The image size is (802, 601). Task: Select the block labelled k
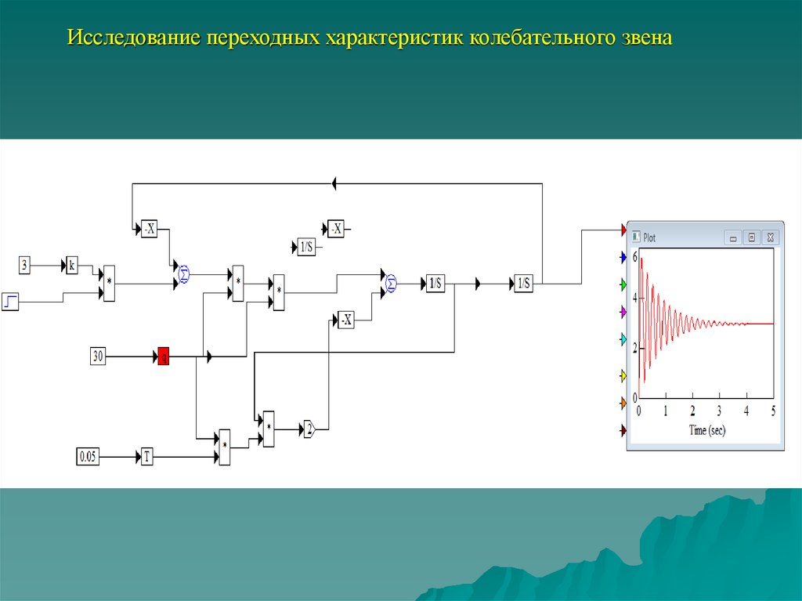point(71,265)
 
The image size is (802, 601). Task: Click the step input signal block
point(10,301)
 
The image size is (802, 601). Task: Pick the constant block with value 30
point(98,357)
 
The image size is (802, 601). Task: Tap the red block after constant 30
point(164,357)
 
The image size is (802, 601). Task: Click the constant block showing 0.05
point(88,456)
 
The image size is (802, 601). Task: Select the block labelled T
point(146,456)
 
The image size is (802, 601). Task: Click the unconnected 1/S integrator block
point(306,248)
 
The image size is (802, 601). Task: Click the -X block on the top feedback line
point(149,229)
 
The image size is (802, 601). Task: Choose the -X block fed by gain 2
point(345,320)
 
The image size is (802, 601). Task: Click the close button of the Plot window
point(771,237)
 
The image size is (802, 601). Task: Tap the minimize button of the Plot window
point(733,237)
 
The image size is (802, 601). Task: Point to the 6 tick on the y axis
point(634,257)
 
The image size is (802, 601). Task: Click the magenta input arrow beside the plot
point(623,312)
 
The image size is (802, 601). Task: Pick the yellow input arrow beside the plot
point(623,375)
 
